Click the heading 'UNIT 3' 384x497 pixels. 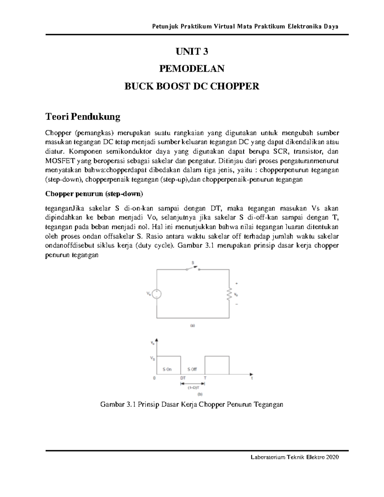pyautogui.click(x=192, y=52)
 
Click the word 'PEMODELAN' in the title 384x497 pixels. pyautogui.click(x=192, y=69)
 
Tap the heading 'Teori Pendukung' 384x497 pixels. pyautogui.click(x=83, y=117)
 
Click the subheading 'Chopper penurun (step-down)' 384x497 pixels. pyautogui.click(x=94, y=194)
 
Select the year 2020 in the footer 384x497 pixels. pyautogui.click(x=332, y=457)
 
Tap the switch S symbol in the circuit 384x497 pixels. pyautogui.click(x=193, y=268)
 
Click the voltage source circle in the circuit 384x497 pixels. pyautogui.click(x=156, y=294)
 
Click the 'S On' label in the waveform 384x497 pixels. pyautogui.click(x=167, y=369)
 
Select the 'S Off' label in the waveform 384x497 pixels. pyautogui.click(x=192, y=369)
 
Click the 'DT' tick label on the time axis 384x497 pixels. pyautogui.click(x=183, y=378)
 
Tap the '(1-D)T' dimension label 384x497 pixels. pyautogui.click(x=193, y=388)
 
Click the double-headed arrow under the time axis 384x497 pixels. pyautogui.click(x=193, y=383)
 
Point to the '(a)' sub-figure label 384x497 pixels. pyautogui.click(x=193, y=325)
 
